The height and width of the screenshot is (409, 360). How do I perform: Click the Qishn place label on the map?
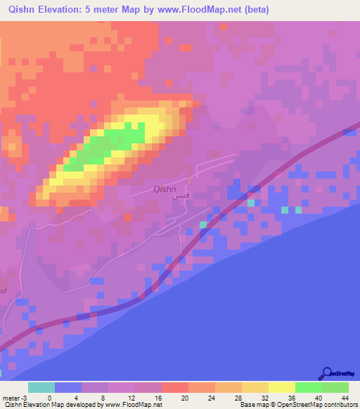[x=165, y=188]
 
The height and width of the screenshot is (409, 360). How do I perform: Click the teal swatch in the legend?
[x=41, y=387]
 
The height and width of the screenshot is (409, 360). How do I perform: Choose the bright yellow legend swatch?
[x=282, y=387]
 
